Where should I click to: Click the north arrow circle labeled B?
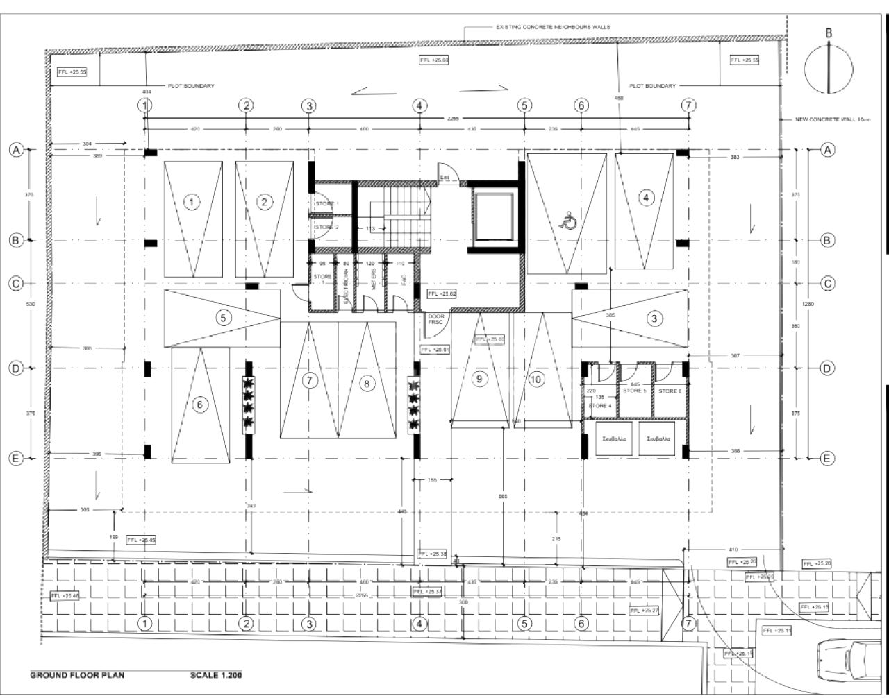click(x=829, y=68)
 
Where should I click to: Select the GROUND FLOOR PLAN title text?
click(x=76, y=674)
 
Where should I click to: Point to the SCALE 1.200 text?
click(x=216, y=674)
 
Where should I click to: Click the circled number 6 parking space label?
click(x=200, y=405)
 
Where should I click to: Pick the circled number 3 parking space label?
click(x=654, y=318)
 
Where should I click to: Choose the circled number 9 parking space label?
click(x=478, y=379)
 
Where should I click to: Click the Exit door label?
click(x=444, y=178)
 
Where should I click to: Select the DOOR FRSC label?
click(x=435, y=319)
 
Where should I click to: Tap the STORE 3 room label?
click(x=322, y=279)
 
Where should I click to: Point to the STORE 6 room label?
click(x=670, y=391)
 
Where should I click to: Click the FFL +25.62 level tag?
click(x=442, y=294)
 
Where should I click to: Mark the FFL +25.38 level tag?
click(x=433, y=554)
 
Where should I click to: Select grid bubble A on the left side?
click(x=17, y=150)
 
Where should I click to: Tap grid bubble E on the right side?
click(x=827, y=458)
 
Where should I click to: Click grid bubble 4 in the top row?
click(x=419, y=105)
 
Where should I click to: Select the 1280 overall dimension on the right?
click(x=808, y=304)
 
